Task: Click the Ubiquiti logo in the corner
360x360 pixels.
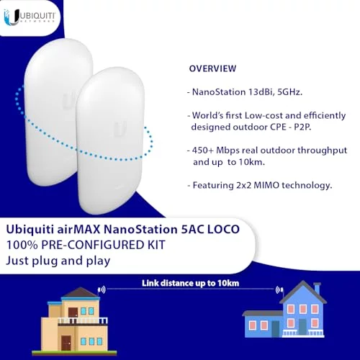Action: pos(30,17)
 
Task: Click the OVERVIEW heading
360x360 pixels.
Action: pos(212,68)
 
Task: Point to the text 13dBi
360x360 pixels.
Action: pos(261,92)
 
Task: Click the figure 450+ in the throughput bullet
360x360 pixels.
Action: pos(203,150)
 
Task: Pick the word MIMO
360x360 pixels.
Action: pos(266,185)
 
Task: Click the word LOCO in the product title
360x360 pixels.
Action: pos(223,229)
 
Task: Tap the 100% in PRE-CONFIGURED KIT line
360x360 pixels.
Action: pos(22,245)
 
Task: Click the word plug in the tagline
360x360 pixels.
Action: pos(45,261)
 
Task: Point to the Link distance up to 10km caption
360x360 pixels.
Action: pos(190,283)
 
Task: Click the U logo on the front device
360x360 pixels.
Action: pos(120,129)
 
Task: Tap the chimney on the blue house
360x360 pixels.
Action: pos(317,289)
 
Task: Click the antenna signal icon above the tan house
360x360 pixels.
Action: pos(102,290)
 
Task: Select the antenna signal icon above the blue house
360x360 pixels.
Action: pos(279,290)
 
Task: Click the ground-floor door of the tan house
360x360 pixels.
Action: pos(66,343)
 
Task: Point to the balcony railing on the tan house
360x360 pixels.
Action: pos(83,320)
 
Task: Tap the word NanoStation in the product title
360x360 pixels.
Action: pos(140,229)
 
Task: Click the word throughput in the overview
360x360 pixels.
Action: pos(322,151)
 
